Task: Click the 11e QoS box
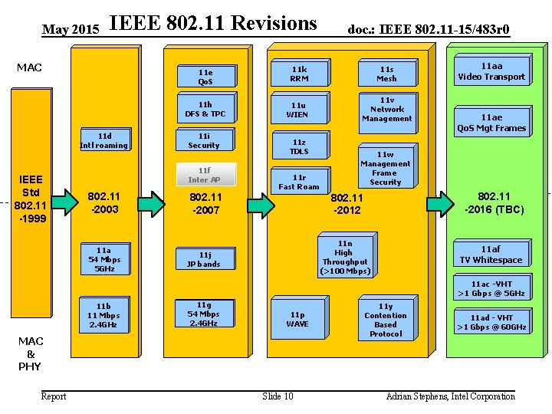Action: [205, 77]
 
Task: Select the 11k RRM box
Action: [299, 74]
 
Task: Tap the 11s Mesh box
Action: [386, 74]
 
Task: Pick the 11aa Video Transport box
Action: [491, 71]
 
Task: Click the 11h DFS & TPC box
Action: [205, 109]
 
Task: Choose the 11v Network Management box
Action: [386, 109]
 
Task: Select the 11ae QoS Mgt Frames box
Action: [491, 123]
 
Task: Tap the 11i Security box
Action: [204, 140]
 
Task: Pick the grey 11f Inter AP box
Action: [204, 175]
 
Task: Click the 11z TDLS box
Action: [299, 146]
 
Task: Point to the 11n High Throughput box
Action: [344, 257]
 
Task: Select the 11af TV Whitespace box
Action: [491, 255]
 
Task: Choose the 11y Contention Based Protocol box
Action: [386, 319]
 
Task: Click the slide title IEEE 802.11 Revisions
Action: [213, 24]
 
